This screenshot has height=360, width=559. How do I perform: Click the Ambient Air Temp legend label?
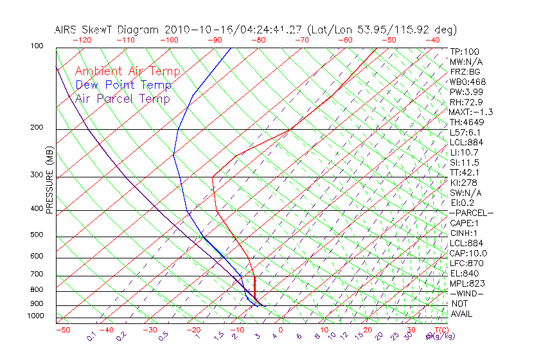point(128,72)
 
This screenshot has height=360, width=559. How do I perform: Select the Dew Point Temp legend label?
point(123,85)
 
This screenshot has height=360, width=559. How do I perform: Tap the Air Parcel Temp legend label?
point(123,99)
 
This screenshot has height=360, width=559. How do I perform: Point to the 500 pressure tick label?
point(36,235)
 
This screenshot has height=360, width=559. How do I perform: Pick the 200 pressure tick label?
point(36,128)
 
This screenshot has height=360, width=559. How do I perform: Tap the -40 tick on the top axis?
point(432,40)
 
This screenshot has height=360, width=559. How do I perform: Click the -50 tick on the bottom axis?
point(62,330)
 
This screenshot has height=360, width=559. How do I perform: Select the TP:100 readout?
point(465,52)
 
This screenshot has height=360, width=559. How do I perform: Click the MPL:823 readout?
point(466,283)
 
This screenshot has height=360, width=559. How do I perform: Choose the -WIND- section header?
point(466,293)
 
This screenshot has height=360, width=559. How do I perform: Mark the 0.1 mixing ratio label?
point(92,336)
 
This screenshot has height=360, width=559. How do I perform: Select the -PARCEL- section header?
point(471,213)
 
